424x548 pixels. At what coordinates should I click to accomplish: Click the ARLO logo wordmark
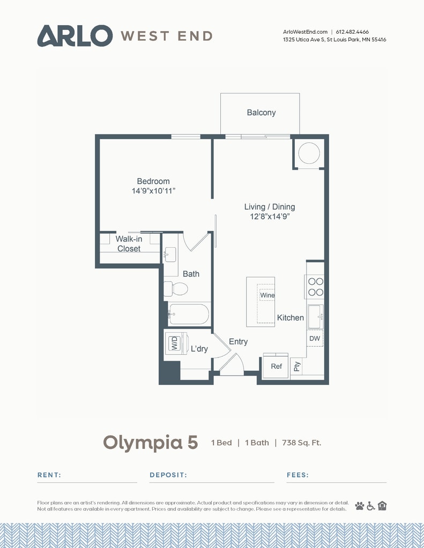[75, 36]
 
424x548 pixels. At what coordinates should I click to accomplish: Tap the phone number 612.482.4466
[352, 32]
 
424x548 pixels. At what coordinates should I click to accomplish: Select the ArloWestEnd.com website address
[305, 32]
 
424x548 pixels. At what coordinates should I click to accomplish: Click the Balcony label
[261, 112]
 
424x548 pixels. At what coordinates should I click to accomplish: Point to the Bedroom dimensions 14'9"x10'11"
[153, 191]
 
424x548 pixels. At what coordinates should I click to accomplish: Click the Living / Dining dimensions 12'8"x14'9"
[270, 216]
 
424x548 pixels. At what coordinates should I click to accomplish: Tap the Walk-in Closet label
[129, 243]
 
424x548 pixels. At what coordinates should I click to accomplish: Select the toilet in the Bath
[176, 288]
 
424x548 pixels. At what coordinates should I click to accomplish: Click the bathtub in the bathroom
[188, 314]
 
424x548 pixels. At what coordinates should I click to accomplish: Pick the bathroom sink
[170, 254]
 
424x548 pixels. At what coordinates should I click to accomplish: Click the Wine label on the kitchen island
[267, 295]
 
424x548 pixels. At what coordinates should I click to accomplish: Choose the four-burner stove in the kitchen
[316, 287]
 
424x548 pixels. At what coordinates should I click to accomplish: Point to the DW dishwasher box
[315, 338]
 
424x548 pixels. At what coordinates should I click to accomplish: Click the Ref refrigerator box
[276, 366]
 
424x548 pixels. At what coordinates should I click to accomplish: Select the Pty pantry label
[297, 366]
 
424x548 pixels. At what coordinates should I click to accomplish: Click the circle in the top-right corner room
[309, 153]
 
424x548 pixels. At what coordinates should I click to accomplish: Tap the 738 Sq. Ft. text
[301, 443]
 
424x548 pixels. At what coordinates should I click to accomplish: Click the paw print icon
[360, 506]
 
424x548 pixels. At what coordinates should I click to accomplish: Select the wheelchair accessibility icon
[371, 506]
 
